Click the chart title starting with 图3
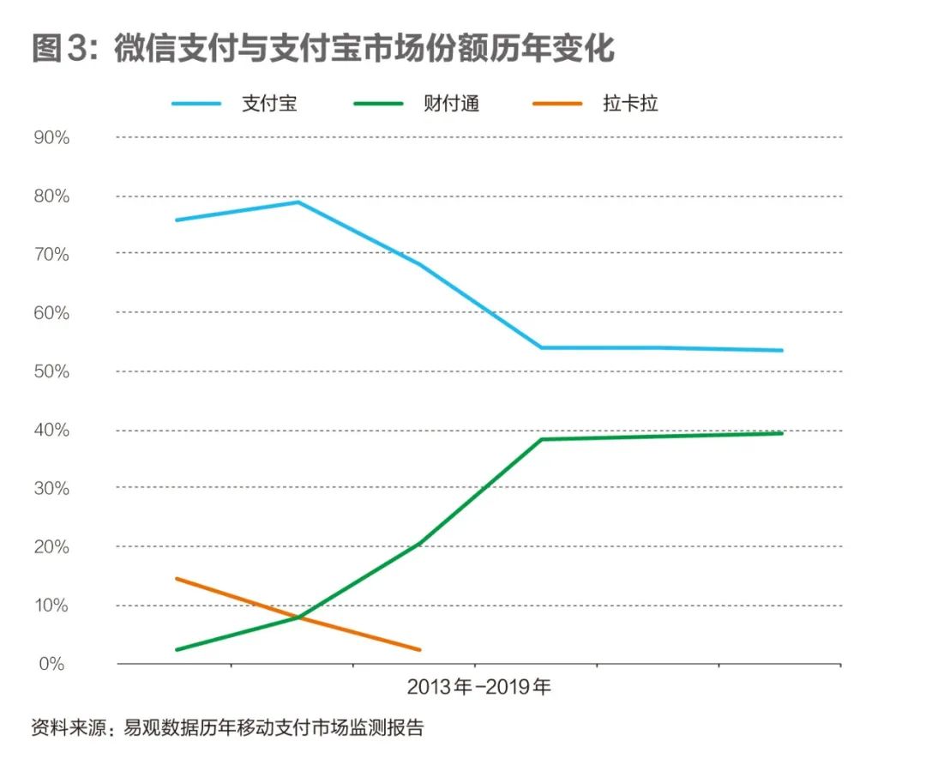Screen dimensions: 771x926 click(x=323, y=49)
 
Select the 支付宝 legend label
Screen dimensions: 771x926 click(x=269, y=105)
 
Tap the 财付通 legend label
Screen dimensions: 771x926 click(x=451, y=105)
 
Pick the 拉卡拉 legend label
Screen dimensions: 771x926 click(x=630, y=105)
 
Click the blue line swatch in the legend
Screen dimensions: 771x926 click(x=197, y=105)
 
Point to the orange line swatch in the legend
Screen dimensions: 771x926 click(x=558, y=105)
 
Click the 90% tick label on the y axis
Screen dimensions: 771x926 click(x=51, y=137)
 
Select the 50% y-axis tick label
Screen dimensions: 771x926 click(x=51, y=371)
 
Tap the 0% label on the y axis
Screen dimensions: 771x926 click(x=51, y=664)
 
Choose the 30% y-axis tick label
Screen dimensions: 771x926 click(x=51, y=488)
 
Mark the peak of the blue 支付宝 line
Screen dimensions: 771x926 click(x=298, y=202)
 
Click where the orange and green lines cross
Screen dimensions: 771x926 click(x=298, y=617)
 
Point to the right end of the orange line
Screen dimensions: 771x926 click(x=419, y=649)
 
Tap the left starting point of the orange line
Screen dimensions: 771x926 click(x=177, y=579)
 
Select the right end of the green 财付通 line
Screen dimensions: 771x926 click(x=782, y=433)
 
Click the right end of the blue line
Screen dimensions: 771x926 click(x=782, y=350)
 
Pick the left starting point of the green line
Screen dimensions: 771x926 click(x=177, y=649)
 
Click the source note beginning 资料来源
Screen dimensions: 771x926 click(x=227, y=729)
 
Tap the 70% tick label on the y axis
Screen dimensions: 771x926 click(x=51, y=255)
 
